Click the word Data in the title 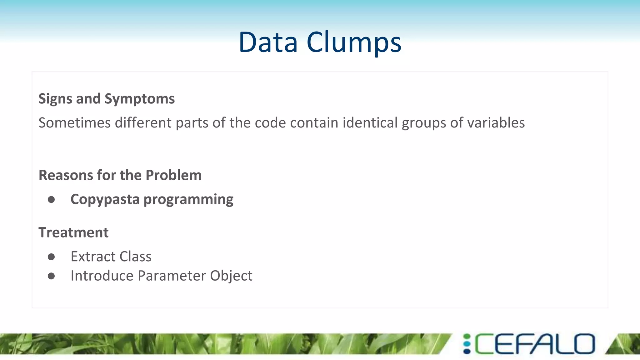[x=268, y=42]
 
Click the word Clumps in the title [x=354, y=42]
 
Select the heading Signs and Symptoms [x=107, y=99]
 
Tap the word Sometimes [x=74, y=122]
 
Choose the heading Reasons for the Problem [x=120, y=175]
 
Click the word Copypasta [x=105, y=200]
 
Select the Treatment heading [x=73, y=232]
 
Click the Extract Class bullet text [x=111, y=257]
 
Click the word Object [x=231, y=276]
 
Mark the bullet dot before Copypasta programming [x=51, y=200]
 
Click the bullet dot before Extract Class [x=51, y=257]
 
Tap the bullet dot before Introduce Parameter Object [x=51, y=276]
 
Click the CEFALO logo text [x=535, y=344]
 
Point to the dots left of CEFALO [x=467, y=344]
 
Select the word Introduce [x=102, y=276]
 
